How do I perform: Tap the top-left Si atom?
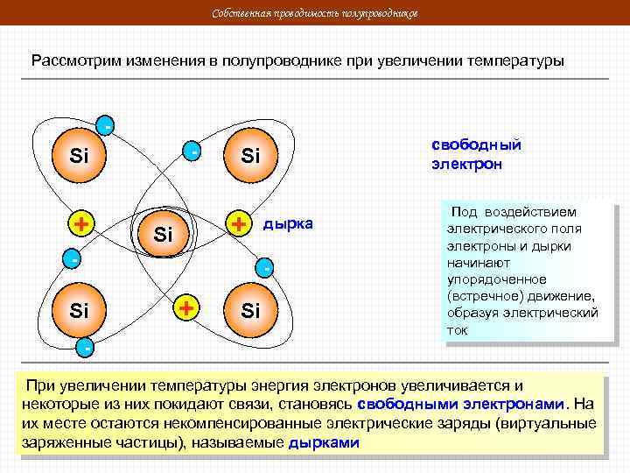click(x=80, y=157)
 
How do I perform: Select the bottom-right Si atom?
click(x=250, y=310)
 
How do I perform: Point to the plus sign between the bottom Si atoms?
click(x=185, y=308)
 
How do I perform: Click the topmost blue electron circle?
click(x=106, y=125)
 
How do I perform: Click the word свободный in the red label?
click(x=477, y=145)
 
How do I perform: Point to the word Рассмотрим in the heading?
click(x=75, y=62)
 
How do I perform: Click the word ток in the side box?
click(x=457, y=330)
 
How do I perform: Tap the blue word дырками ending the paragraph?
click(x=324, y=442)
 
